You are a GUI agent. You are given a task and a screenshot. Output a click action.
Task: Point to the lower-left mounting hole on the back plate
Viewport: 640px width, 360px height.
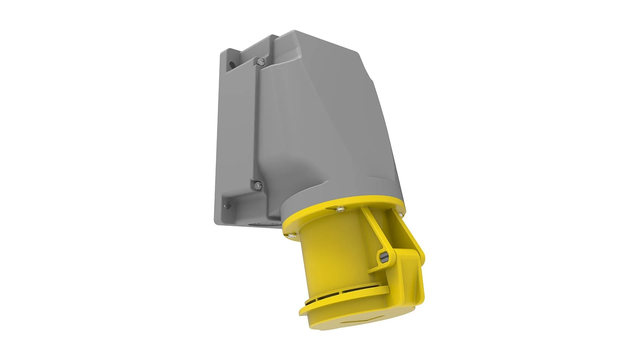tap(228, 205)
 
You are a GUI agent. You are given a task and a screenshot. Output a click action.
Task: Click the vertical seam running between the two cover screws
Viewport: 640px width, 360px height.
tap(256, 123)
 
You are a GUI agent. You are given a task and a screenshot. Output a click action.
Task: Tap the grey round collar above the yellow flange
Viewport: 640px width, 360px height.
tap(333, 195)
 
